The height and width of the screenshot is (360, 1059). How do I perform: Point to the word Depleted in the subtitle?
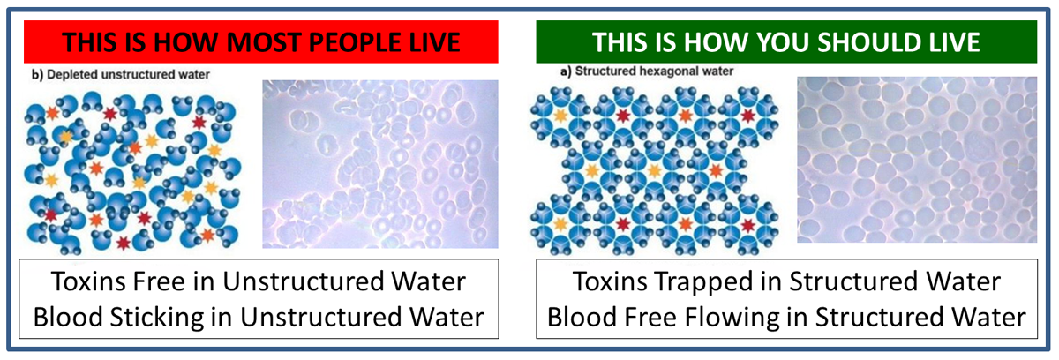(71, 75)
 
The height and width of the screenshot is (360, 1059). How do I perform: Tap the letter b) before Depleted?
(37, 75)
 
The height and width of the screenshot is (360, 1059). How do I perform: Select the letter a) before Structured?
(566, 71)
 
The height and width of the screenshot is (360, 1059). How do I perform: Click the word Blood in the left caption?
(68, 317)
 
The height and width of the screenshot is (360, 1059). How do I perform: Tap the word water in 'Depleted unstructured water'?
(194, 75)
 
